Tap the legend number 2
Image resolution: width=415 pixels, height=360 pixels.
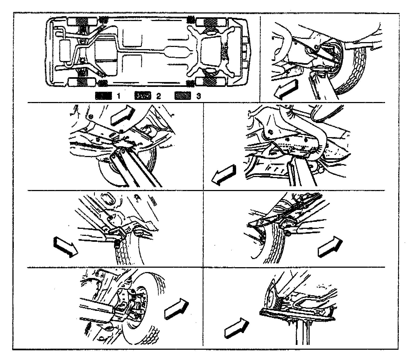point(159,96)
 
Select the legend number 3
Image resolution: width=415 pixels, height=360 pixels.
point(199,96)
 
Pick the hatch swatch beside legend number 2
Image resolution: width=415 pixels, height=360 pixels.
point(142,96)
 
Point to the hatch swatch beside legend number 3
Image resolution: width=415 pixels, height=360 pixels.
point(183,96)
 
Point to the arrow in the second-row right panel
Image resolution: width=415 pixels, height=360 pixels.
point(224,175)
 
